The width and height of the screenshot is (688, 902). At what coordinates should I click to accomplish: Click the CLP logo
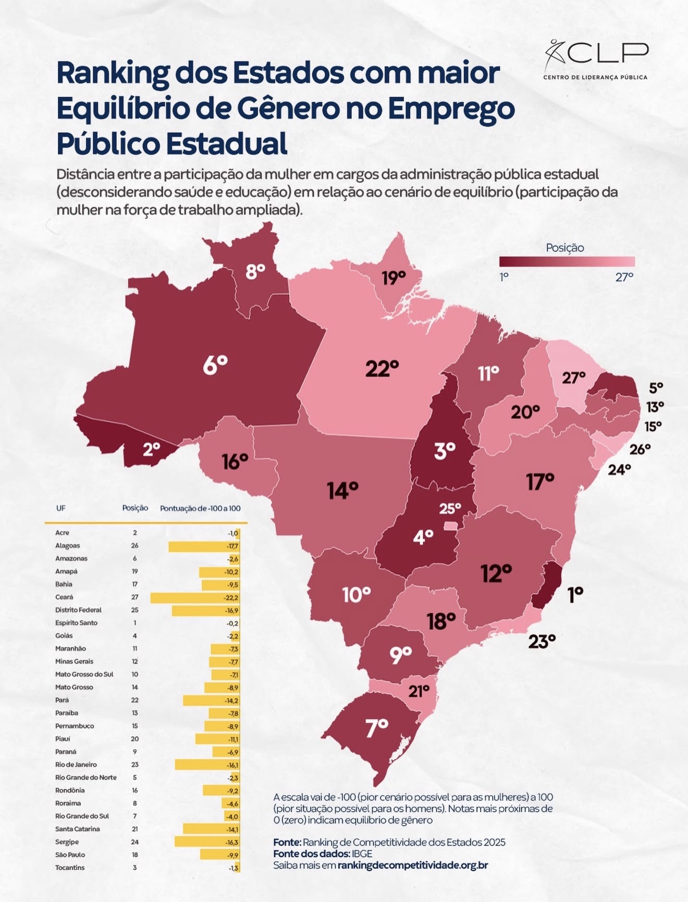coord(596,59)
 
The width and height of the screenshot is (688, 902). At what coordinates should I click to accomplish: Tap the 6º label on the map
coord(215,365)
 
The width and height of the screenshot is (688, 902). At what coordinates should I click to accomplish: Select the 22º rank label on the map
coord(382,369)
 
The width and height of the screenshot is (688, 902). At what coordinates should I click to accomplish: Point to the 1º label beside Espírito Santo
coord(575,594)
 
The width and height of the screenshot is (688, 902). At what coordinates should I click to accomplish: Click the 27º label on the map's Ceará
coord(573,378)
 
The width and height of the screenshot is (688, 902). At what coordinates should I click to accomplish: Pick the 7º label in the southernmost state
coord(377,728)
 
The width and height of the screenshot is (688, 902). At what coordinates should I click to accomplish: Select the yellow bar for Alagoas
coord(203,546)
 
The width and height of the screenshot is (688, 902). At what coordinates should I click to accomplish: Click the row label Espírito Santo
coord(76,623)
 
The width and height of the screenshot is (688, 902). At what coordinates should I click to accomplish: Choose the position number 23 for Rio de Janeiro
coord(135,765)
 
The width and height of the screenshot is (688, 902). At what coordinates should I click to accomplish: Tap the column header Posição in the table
coord(135,508)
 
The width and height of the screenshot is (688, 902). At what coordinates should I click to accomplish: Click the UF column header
coord(61,508)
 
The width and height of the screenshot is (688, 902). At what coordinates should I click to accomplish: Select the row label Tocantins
coord(70,868)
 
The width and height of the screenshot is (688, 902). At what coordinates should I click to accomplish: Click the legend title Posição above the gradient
coord(564,248)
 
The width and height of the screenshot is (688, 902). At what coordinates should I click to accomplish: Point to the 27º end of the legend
coord(624,277)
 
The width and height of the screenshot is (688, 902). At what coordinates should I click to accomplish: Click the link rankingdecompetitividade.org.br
coord(412,865)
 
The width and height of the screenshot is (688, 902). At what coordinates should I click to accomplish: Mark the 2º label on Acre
coord(151,449)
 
